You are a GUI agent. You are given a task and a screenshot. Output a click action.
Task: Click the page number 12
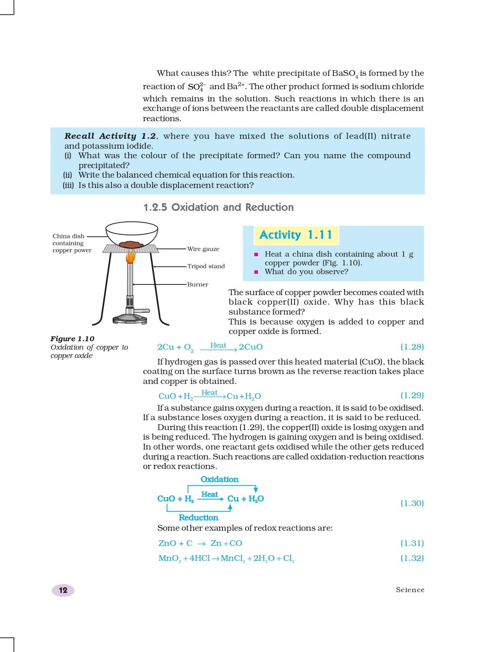[63, 590]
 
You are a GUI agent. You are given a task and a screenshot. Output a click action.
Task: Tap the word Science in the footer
[410, 590]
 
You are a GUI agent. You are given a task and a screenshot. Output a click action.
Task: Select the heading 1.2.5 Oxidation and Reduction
[218, 207]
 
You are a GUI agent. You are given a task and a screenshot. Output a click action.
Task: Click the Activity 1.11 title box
[296, 235]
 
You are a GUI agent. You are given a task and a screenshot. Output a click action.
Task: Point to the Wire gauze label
[203, 249]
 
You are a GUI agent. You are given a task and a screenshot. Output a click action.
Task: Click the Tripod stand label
[206, 266]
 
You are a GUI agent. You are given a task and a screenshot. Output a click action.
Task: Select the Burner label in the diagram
[197, 284]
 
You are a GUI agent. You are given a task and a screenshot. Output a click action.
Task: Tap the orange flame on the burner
[131, 257]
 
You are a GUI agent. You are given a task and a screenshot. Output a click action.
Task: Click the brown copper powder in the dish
[131, 244]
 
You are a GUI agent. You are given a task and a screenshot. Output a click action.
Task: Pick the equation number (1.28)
[412, 347]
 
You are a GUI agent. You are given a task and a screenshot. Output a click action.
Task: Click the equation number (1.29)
[412, 395]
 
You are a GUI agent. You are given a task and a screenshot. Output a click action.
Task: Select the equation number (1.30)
[412, 503]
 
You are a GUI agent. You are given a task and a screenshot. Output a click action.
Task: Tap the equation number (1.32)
[412, 558]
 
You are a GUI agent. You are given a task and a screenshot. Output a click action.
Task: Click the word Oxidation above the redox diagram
[219, 480]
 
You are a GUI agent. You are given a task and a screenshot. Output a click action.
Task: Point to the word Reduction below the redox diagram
[198, 518]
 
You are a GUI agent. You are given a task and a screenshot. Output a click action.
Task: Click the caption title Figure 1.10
[72, 339]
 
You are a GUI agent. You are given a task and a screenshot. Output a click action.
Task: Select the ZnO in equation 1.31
[167, 543]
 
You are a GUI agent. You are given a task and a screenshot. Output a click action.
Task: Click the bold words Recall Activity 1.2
[110, 136]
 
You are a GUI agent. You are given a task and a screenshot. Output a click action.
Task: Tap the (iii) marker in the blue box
[68, 185]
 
